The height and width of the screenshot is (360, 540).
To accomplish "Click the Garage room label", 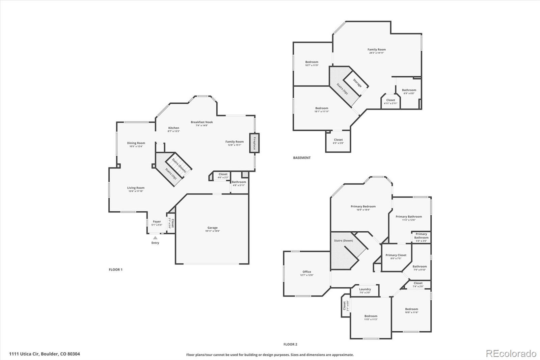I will coord(212,228).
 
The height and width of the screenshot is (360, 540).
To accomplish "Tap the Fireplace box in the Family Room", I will coord(254,143).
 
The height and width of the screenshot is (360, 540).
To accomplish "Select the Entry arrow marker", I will coord(155,238).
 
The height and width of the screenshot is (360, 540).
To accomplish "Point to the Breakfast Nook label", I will coord(202,122).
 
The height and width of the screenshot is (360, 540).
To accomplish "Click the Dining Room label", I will coord(136,143).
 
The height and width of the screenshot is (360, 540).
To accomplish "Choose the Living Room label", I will coord(136,188).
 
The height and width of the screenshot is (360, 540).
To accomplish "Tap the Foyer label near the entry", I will coord(157,222).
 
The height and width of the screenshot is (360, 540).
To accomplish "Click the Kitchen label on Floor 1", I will coord(173,128).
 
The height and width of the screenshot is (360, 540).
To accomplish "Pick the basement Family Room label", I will coord(377,49).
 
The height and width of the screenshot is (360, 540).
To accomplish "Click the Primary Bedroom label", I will coord(363,206).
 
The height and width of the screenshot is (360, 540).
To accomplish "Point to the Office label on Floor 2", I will coord(307,272).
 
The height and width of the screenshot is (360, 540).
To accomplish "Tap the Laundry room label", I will coord(365,289).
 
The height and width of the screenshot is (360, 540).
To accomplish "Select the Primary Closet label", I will coord(396,255).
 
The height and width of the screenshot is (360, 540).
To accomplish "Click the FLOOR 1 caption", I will coord(115,269).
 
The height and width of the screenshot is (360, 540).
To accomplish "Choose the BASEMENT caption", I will coord(302,158).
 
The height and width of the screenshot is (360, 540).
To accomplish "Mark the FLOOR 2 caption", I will coord(290,344).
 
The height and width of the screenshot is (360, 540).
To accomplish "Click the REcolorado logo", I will coord(511,354).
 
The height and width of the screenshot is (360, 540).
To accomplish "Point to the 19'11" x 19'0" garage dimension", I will coord(213,231).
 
